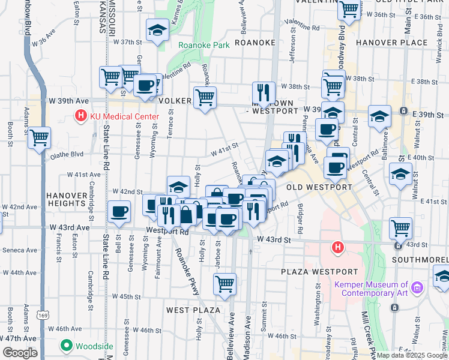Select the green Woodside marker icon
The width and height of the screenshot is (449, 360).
[67, 346]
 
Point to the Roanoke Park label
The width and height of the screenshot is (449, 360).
[203, 44]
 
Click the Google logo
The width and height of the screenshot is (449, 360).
[19, 353]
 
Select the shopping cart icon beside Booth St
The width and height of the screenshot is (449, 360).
[39, 137]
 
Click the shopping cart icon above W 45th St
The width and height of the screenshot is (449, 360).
[224, 284]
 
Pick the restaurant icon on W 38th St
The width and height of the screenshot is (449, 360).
[264, 92]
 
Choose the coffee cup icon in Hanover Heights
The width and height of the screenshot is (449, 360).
[119, 211]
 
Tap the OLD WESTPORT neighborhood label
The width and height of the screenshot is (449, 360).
[319, 187]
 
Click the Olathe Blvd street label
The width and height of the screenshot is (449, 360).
[67, 154]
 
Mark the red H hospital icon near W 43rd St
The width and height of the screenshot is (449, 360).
[338, 246]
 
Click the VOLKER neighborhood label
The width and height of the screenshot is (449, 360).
[175, 101]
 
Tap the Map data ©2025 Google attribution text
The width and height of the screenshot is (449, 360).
[412, 355]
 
